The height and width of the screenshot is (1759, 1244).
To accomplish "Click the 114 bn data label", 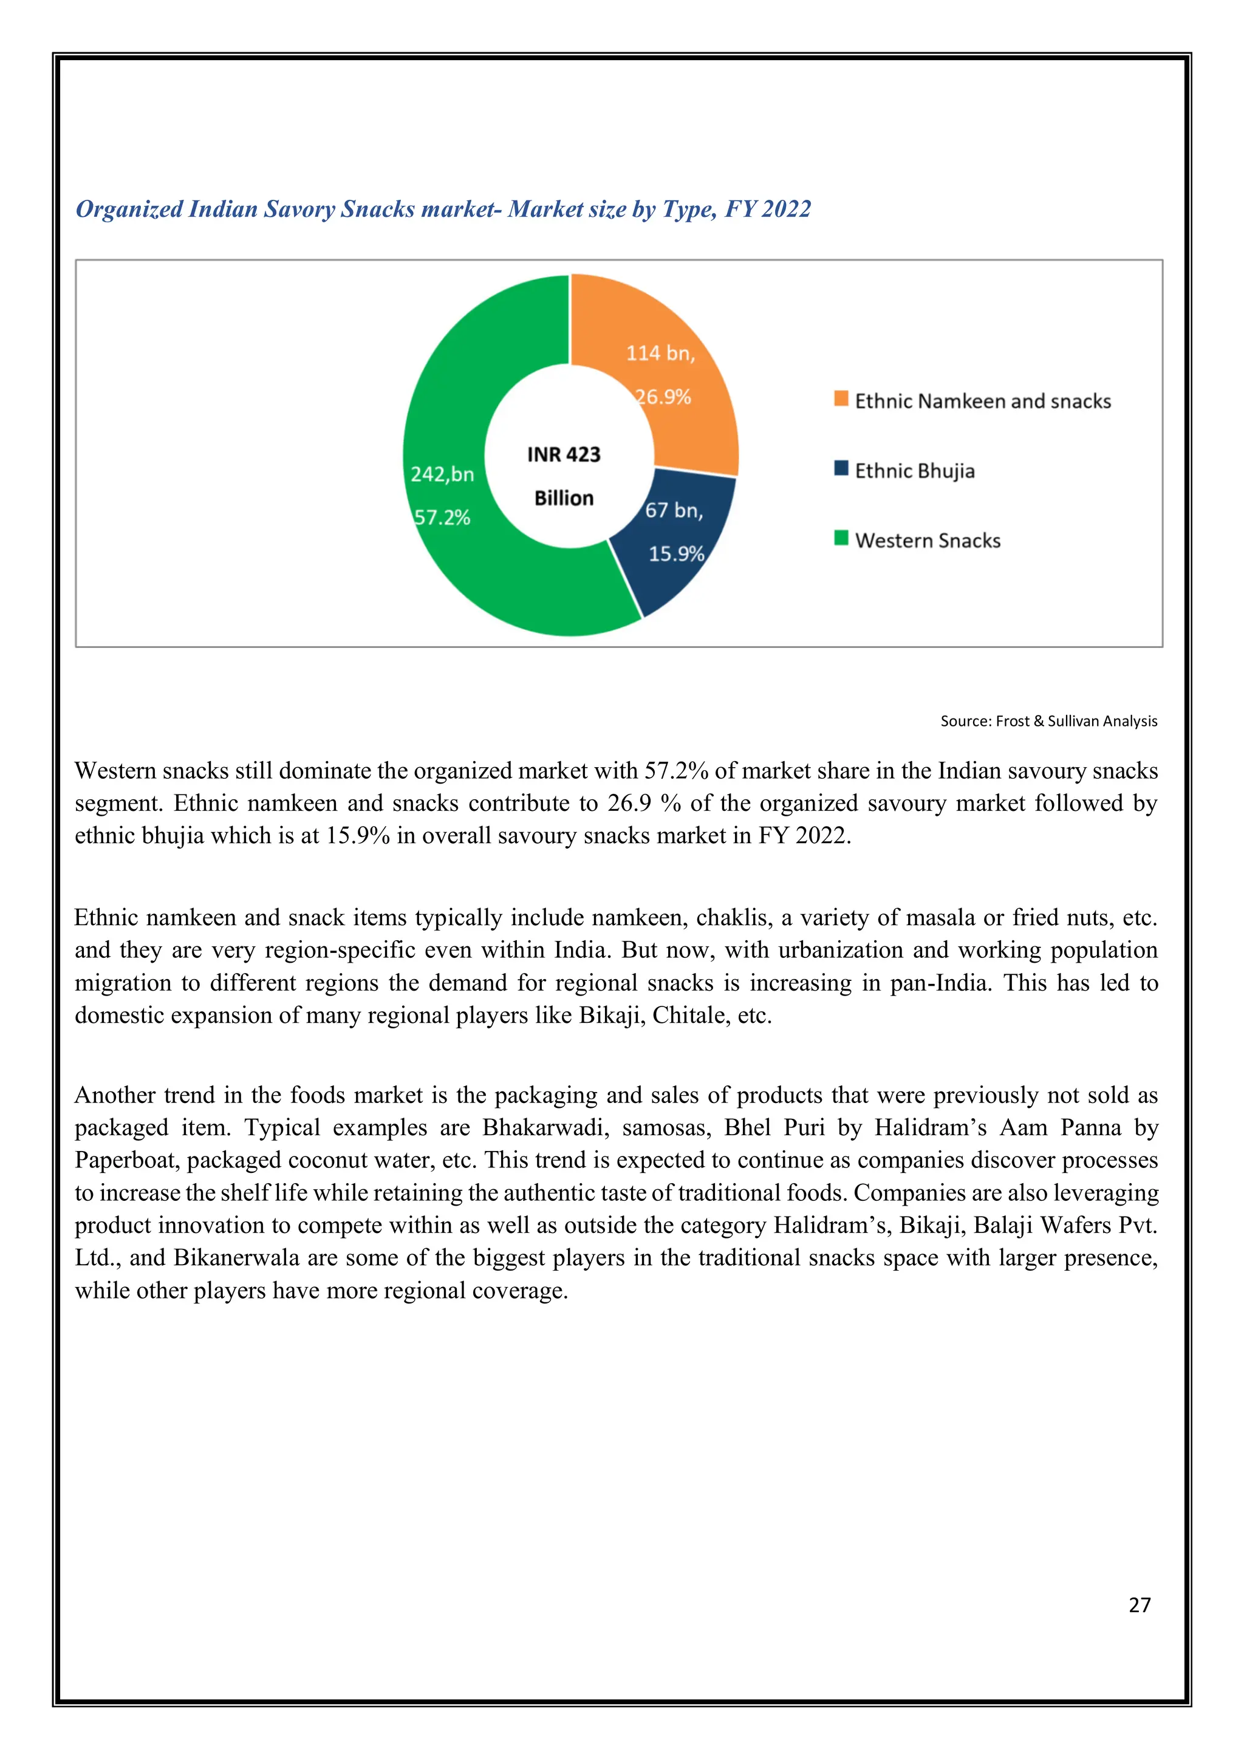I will tap(660, 353).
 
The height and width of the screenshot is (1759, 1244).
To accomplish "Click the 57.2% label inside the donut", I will tap(442, 518).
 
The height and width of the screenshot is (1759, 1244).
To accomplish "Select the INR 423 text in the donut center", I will tap(564, 455).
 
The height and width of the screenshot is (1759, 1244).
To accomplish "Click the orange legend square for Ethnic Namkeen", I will tap(841, 399).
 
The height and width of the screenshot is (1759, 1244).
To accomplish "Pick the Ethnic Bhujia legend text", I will tap(915, 471).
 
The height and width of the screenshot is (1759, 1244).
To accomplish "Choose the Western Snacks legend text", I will tap(928, 541).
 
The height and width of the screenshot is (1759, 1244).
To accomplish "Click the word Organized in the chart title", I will tap(129, 209).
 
